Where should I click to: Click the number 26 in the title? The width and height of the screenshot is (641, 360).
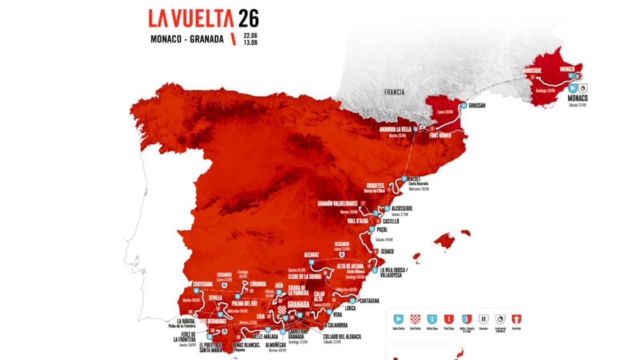249,18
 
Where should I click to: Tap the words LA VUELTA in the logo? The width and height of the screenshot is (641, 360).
191,18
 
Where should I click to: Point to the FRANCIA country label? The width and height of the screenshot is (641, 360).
394,91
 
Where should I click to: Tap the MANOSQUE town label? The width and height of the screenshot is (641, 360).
532,70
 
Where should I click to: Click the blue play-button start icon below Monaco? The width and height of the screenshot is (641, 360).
572,88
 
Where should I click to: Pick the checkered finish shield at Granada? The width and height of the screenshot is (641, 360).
281,311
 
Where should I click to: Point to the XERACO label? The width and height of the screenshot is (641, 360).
389,251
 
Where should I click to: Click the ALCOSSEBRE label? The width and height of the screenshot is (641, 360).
407,208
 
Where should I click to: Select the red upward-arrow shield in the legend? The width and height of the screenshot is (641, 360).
516,318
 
